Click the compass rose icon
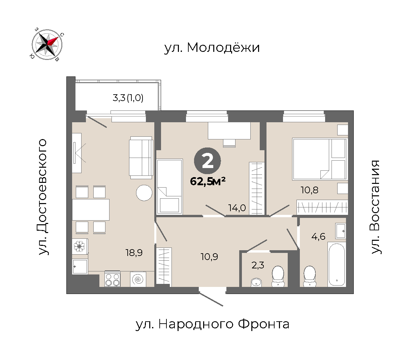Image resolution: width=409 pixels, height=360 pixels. pyautogui.click(x=47, y=44)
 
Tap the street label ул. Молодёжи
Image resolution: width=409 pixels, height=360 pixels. pyautogui.click(x=212, y=48)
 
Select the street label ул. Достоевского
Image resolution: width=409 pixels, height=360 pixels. pyautogui.click(x=43, y=197)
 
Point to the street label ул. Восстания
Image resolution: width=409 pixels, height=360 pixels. pyautogui.click(x=376, y=207)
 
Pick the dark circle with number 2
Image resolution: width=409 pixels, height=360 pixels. pyautogui.click(x=207, y=161)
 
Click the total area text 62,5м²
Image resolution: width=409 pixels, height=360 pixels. pyautogui.click(x=208, y=181)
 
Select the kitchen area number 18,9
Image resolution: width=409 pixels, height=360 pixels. pyautogui.click(x=134, y=253)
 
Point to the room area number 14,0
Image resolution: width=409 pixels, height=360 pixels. pyautogui.click(x=237, y=208)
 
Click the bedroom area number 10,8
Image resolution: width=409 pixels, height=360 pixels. pyautogui.click(x=310, y=190)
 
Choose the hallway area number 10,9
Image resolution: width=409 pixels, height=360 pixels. pyautogui.click(x=209, y=257)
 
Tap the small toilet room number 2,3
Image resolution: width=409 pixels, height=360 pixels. pyautogui.click(x=258, y=265)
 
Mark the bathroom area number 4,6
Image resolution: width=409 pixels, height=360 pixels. pyautogui.click(x=318, y=236)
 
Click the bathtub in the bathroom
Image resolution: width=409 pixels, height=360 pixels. pyautogui.click(x=337, y=264)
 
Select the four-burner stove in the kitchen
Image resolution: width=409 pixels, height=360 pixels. pyautogui.click(x=113, y=279)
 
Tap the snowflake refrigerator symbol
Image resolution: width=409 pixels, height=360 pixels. pyautogui.click(x=80, y=247)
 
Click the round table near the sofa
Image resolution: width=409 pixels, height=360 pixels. pyautogui.click(x=144, y=193)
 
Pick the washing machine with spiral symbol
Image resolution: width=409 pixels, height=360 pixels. pyautogui.click(x=138, y=279)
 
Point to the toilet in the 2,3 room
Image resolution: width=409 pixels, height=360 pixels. pyautogui.click(x=278, y=276)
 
